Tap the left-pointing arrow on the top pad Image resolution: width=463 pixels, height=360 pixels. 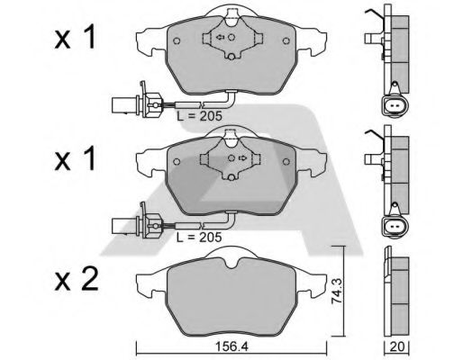click(x=220, y=38)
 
